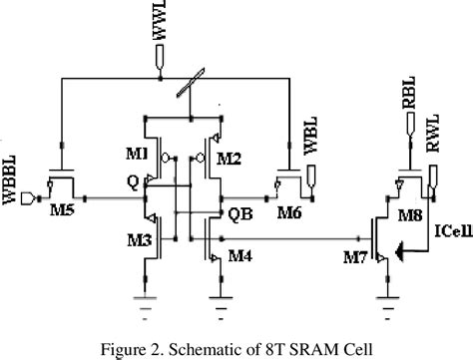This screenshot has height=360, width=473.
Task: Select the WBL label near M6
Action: pyautogui.click(x=309, y=157)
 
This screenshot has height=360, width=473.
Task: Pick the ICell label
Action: pyautogui.click(x=449, y=232)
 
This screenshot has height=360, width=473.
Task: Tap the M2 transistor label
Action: pyautogui.click(x=232, y=158)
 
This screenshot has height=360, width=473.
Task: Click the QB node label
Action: pyautogui.click(x=240, y=214)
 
